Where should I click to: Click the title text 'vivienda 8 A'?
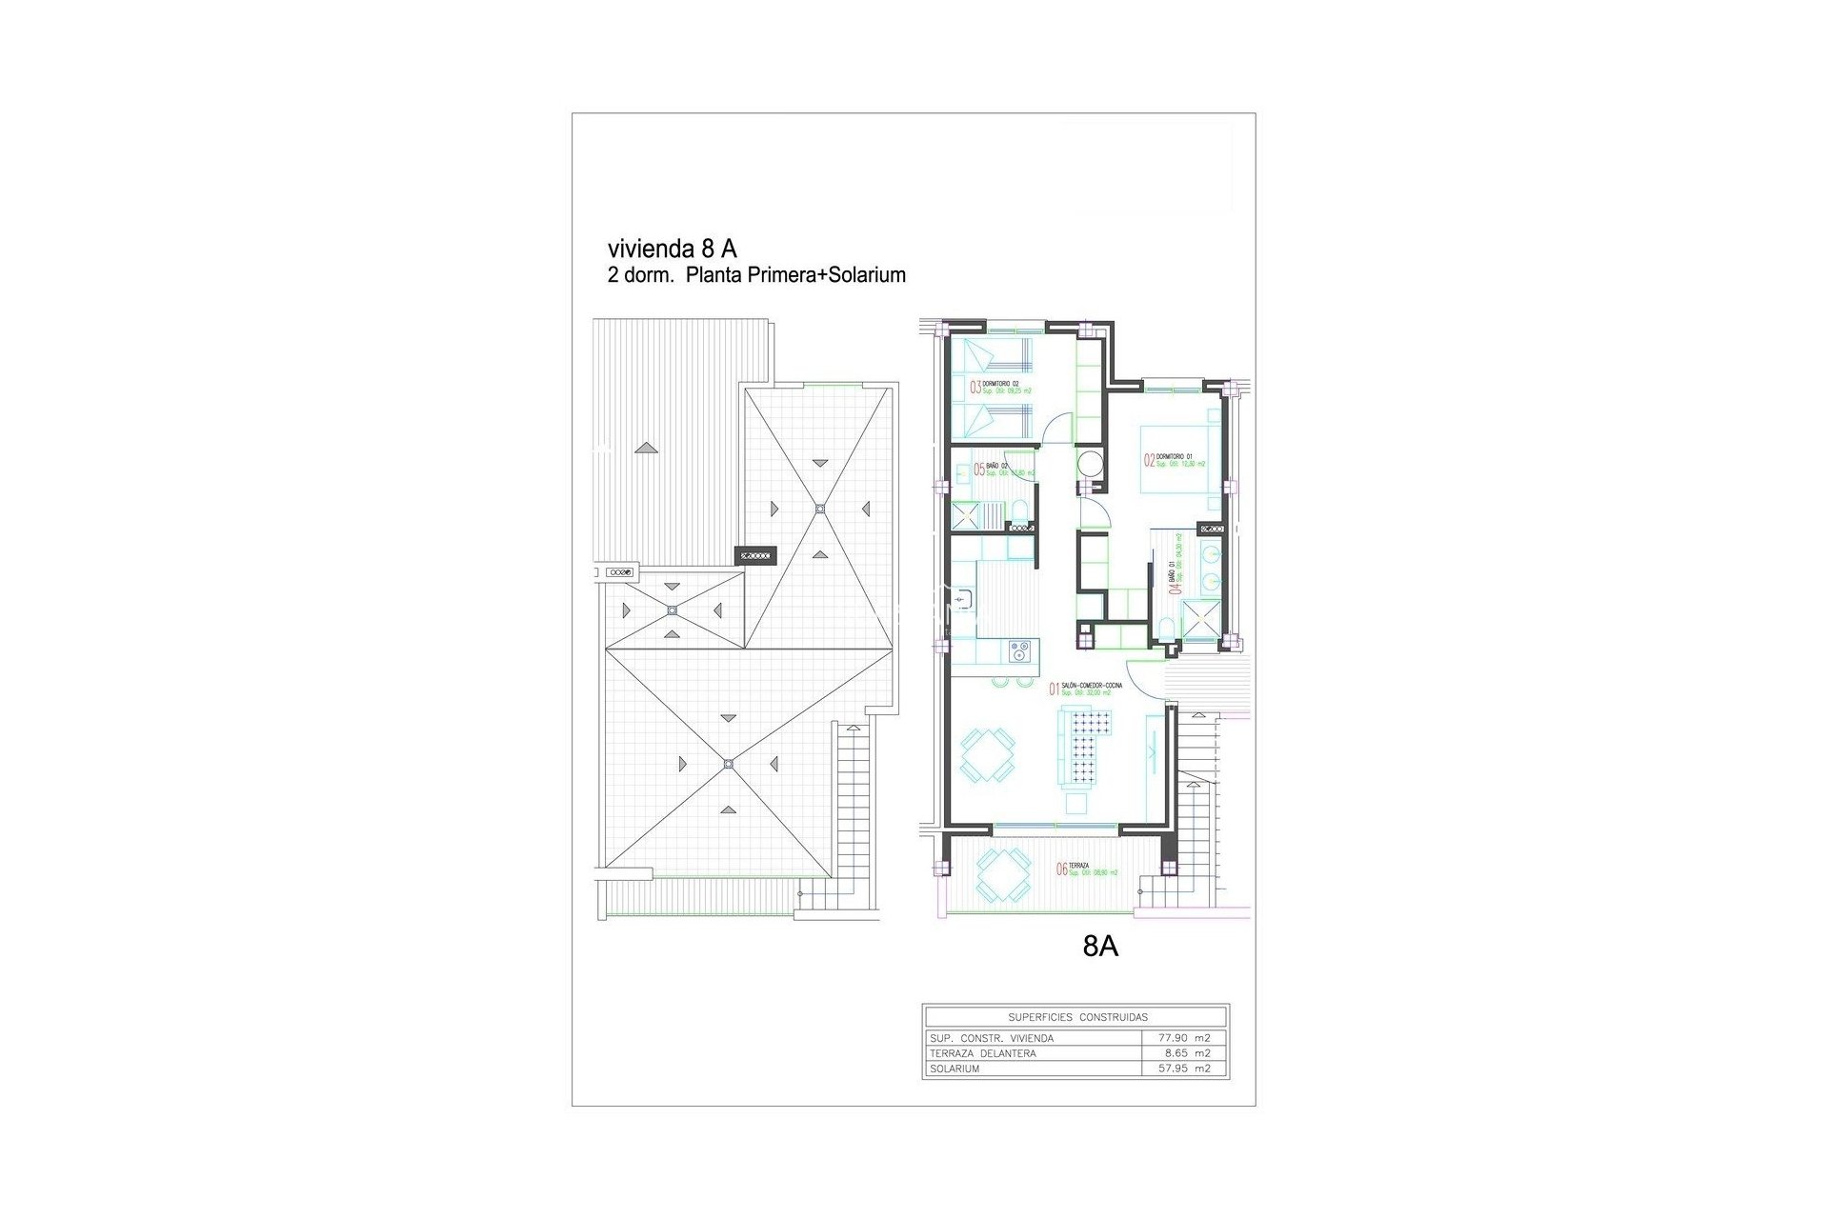672,249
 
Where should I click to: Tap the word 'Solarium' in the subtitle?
867,275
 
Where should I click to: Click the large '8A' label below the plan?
1100,947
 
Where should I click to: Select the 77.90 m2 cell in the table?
1185,1038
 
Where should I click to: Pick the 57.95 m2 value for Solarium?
1185,1069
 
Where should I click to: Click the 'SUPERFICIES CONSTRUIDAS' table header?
1077,1017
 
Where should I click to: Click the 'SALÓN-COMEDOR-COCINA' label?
1092,686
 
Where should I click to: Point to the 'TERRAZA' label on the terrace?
1079,866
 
